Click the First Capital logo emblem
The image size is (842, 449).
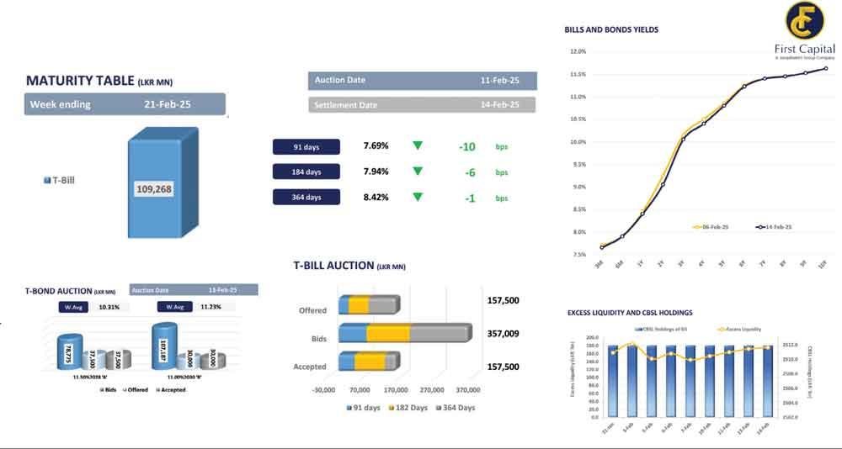pyautogui.click(x=803, y=23)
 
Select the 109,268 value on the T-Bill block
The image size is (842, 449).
pyautogui.click(x=153, y=189)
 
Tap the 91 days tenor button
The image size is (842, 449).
pyautogui.click(x=306, y=147)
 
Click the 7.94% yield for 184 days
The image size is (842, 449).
pyautogui.click(x=376, y=172)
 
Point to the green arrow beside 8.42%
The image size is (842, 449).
pyautogui.click(x=417, y=198)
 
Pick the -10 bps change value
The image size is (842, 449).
pyautogui.click(x=467, y=147)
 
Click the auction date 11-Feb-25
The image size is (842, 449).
pyautogui.click(x=499, y=81)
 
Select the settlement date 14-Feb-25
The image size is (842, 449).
pyautogui.click(x=499, y=105)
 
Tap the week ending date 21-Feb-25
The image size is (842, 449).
pyautogui.click(x=168, y=104)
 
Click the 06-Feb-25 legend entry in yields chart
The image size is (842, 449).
pyautogui.click(x=712, y=227)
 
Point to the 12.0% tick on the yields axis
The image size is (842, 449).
pyautogui.click(x=578, y=51)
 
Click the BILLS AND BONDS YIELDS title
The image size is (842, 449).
pyautogui.click(x=611, y=29)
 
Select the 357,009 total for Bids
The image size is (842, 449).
pyautogui.click(x=504, y=334)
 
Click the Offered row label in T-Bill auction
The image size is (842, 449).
pyautogui.click(x=312, y=310)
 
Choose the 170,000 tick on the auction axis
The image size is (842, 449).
pyautogui.click(x=396, y=390)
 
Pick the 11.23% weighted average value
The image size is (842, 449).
pyautogui.click(x=210, y=307)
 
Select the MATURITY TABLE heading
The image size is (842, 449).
pyautogui.click(x=80, y=81)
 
